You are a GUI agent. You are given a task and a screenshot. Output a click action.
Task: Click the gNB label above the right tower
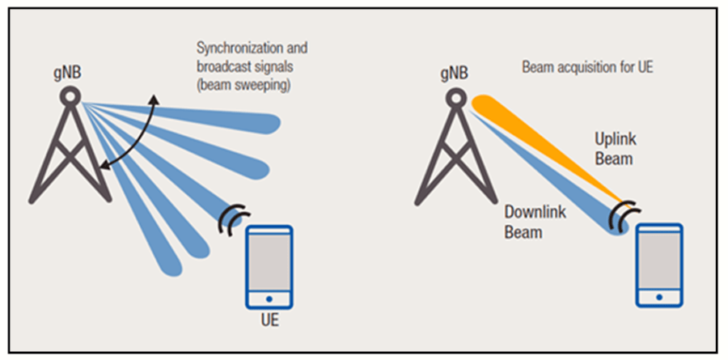coord(455,73)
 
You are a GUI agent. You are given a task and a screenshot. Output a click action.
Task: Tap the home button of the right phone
coord(659,294)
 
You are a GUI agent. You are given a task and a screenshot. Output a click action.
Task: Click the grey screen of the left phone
coord(269,260)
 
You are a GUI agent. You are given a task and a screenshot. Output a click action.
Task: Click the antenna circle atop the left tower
coord(70,95)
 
